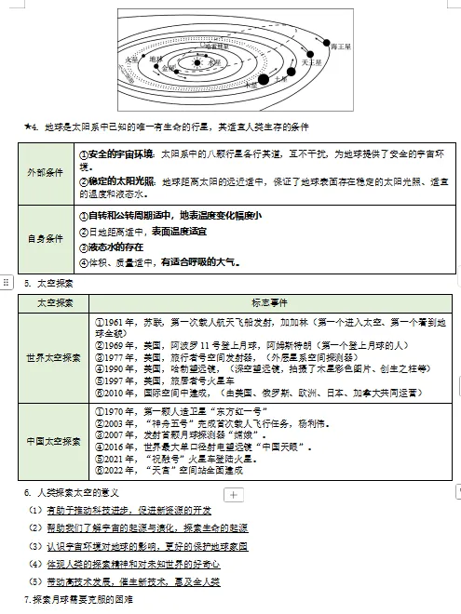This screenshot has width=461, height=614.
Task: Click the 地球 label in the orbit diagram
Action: (x=156, y=59)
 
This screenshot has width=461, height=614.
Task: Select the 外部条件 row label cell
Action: (x=45, y=173)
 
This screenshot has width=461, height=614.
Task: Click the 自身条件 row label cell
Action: (x=45, y=238)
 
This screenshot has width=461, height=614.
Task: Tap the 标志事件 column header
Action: (x=269, y=304)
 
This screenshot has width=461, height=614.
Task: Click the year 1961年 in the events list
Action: (x=114, y=321)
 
